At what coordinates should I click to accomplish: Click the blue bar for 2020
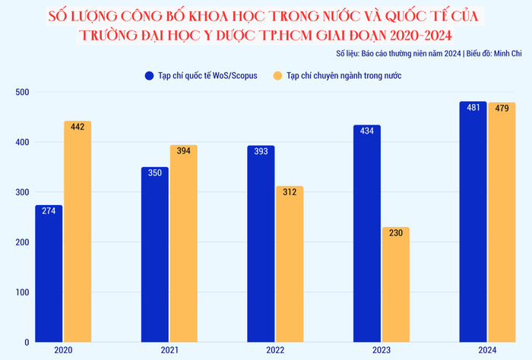click(49, 273)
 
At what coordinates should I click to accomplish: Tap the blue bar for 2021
click(155, 254)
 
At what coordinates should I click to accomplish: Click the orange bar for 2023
click(395, 285)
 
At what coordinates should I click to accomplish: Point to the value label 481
click(473, 108)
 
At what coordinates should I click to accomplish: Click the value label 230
click(395, 234)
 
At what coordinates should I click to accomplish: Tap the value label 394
click(183, 152)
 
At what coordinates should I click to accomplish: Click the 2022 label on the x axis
click(275, 350)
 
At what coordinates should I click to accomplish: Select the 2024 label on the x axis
click(487, 350)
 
